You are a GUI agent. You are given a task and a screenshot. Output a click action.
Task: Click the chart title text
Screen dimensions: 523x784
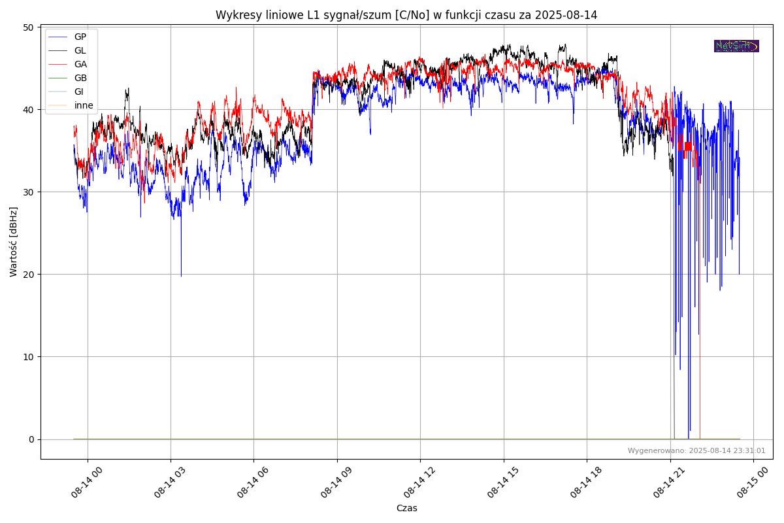click(406, 15)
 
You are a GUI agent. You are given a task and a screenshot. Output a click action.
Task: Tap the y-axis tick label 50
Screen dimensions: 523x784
click(28, 27)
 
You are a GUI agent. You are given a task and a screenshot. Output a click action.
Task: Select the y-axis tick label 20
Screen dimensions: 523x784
click(28, 275)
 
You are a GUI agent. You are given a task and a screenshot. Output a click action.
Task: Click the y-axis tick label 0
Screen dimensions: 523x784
click(31, 439)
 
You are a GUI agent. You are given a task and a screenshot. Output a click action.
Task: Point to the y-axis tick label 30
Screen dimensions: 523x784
click(28, 192)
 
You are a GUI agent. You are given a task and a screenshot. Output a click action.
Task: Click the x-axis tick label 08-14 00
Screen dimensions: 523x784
click(87, 482)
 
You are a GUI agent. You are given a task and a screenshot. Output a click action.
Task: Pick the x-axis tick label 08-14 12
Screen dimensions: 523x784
click(419, 482)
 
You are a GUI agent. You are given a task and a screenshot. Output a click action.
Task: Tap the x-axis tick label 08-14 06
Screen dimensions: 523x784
click(253, 482)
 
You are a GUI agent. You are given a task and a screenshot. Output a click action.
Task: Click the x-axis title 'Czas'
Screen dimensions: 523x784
click(406, 508)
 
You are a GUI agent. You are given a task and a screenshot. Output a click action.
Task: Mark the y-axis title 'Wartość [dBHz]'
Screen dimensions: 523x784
click(14, 241)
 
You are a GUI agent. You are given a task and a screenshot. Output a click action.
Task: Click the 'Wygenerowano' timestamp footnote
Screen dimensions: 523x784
click(696, 450)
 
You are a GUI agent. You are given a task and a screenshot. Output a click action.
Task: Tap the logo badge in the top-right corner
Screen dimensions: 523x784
click(736, 46)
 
